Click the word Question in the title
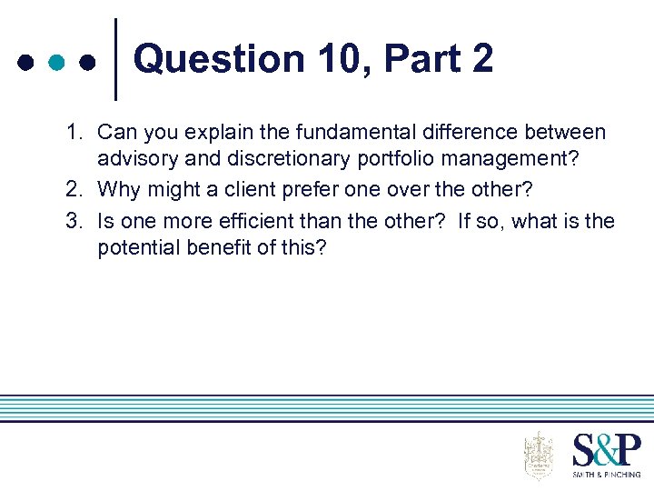tap(219, 60)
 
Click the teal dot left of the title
tap(56, 64)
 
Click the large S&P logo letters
tap(606, 450)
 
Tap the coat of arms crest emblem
tap(539, 456)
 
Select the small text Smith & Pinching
tap(606, 474)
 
